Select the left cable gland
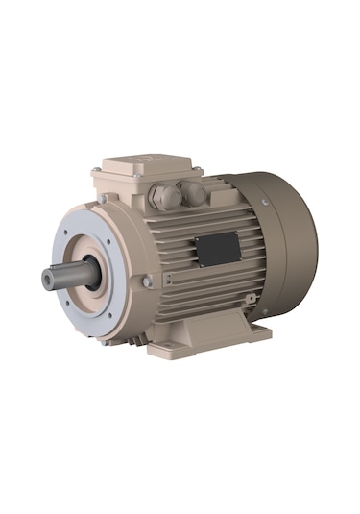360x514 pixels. [x=165, y=196]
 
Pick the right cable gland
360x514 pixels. [x=195, y=192]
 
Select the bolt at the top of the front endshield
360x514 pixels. [x=103, y=201]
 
